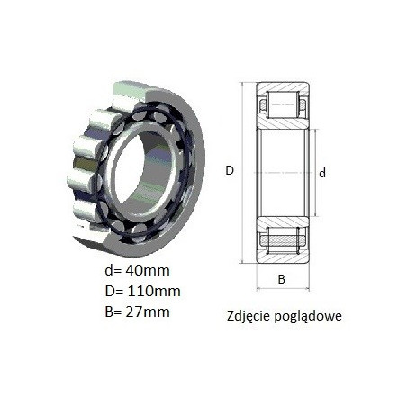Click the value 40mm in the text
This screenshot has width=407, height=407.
[x=148, y=270]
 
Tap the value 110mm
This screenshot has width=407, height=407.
[x=154, y=291]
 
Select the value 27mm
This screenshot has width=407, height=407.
[x=148, y=312]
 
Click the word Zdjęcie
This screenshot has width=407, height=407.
[x=249, y=316]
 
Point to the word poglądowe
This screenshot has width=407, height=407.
[x=308, y=317]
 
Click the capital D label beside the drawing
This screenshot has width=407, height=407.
[x=230, y=170]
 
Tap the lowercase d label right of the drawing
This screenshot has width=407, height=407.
[x=322, y=173]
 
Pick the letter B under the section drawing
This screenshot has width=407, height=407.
[x=281, y=279]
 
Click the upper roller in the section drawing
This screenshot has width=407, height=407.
[x=283, y=105]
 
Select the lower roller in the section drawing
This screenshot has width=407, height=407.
[x=283, y=240]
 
